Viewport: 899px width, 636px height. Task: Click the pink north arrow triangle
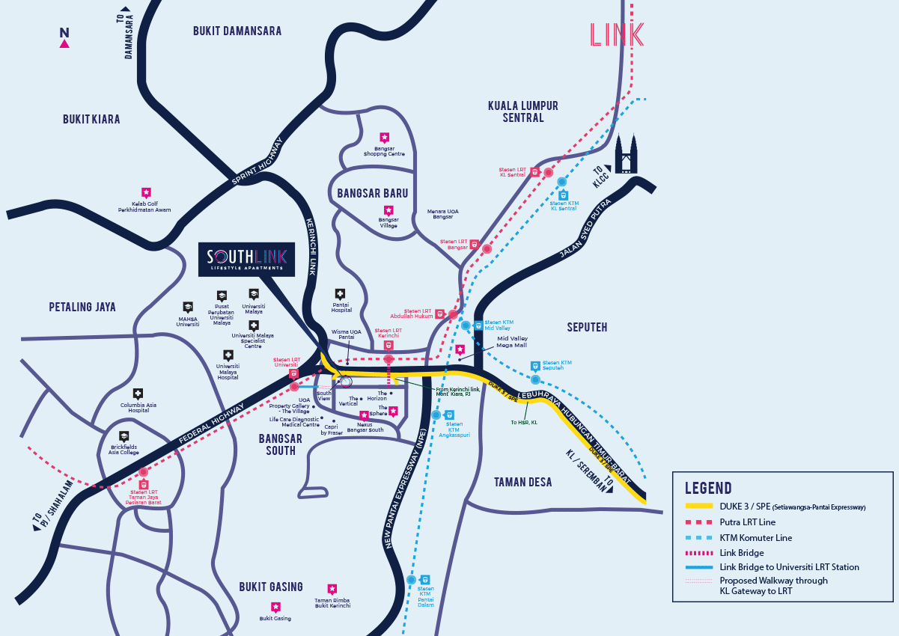pyautogui.click(x=64, y=43)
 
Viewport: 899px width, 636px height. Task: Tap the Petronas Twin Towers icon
pyautogui.click(x=626, y=154)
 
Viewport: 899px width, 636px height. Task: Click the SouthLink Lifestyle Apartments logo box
pyautogui.click(x=246, y=260)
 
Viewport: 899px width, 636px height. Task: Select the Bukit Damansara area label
pyautogui.click(x=237, y=31)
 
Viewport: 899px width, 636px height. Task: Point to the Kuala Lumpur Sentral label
pyautogui.click(x=523, y=111)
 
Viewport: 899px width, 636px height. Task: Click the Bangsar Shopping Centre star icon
pyautogui.click(x=384, y=138)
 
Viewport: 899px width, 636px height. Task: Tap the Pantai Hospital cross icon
pyautogui.click(x=341, y=294)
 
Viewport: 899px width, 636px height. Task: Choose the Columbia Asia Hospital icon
pyautogui.click(x=138, y=394)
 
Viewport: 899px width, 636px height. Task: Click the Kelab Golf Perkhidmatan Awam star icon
pyautogui.click(x=146, y=192)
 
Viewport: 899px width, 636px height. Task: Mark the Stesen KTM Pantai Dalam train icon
pyautogui.click(x=425, y=579)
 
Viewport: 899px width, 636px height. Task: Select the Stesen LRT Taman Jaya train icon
pyautogui.click(x=143, y=484)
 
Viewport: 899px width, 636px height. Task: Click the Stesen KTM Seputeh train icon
pyautogui.click(x=535, y=367)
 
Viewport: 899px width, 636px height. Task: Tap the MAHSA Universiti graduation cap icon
pyautogui.click(x=188, y=307)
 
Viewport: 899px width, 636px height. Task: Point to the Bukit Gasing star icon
pyautogui.click(x=275, y=607)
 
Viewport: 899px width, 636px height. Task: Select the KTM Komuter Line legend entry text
pyautogui.click(x=755, y=538)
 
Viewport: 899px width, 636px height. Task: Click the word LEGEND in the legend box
pyautogui.click(x=709, y=489)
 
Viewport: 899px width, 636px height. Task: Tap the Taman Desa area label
pyautogui.click(x=522, y=483)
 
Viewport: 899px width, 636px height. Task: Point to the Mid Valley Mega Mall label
pyautogui.click(x=512, y=342)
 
